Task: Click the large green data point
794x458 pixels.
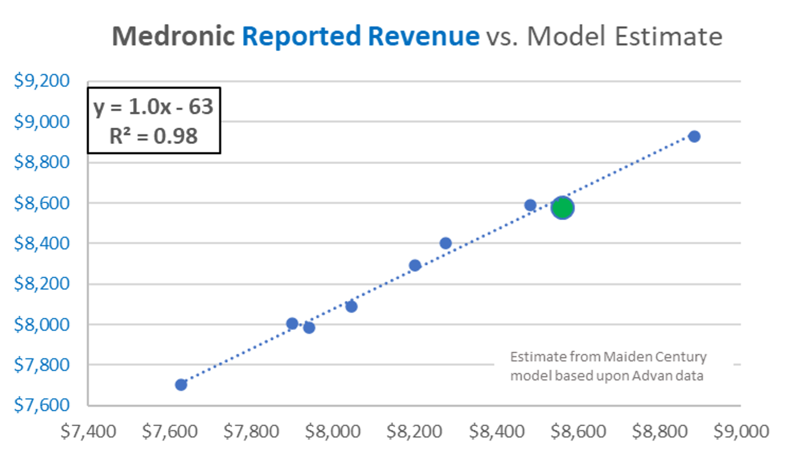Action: click(x=562, y=208)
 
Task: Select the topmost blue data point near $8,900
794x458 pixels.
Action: click(x=694, y=136)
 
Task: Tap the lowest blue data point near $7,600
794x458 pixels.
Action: click(x=181, y=385)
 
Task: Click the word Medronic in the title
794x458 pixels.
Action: click(x=173, y=36)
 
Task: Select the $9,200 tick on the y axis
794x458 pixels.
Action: click(x=42, y=81)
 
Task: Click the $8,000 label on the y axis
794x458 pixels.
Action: click(x=42, y=324)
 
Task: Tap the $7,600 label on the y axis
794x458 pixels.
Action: click(x=42, y=405)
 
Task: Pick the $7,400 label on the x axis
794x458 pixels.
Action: click(x=88, y=432)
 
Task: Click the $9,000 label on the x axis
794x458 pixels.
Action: click(x=741, y=432)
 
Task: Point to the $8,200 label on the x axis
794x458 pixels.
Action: click(x=414, y=432)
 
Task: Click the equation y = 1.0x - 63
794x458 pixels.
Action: click(x=153, y=107)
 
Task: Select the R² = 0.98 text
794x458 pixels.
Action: click(x=153, y=136)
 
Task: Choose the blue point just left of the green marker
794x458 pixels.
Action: click(x=530, y=205)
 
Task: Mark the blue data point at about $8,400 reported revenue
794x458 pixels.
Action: click(x=445, y=243)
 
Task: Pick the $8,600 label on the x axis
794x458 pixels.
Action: click(x=578, y=432)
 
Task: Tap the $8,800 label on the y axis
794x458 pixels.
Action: click(x=42, y=162)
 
